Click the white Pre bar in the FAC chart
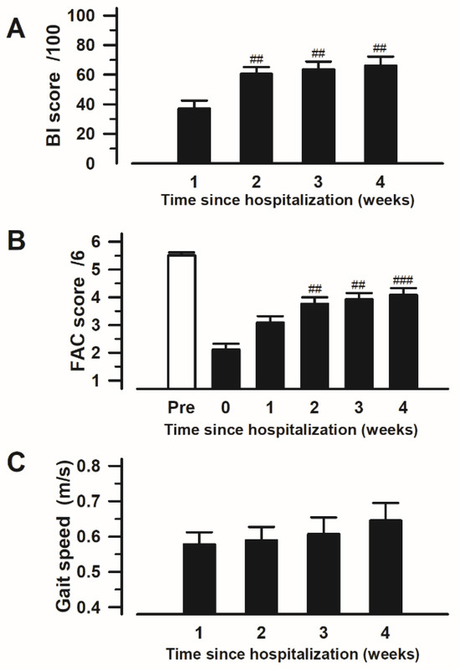[x=181, y=318]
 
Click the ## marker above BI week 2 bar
[x=257, y=60]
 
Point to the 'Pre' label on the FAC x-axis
[x=181, y=408]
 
